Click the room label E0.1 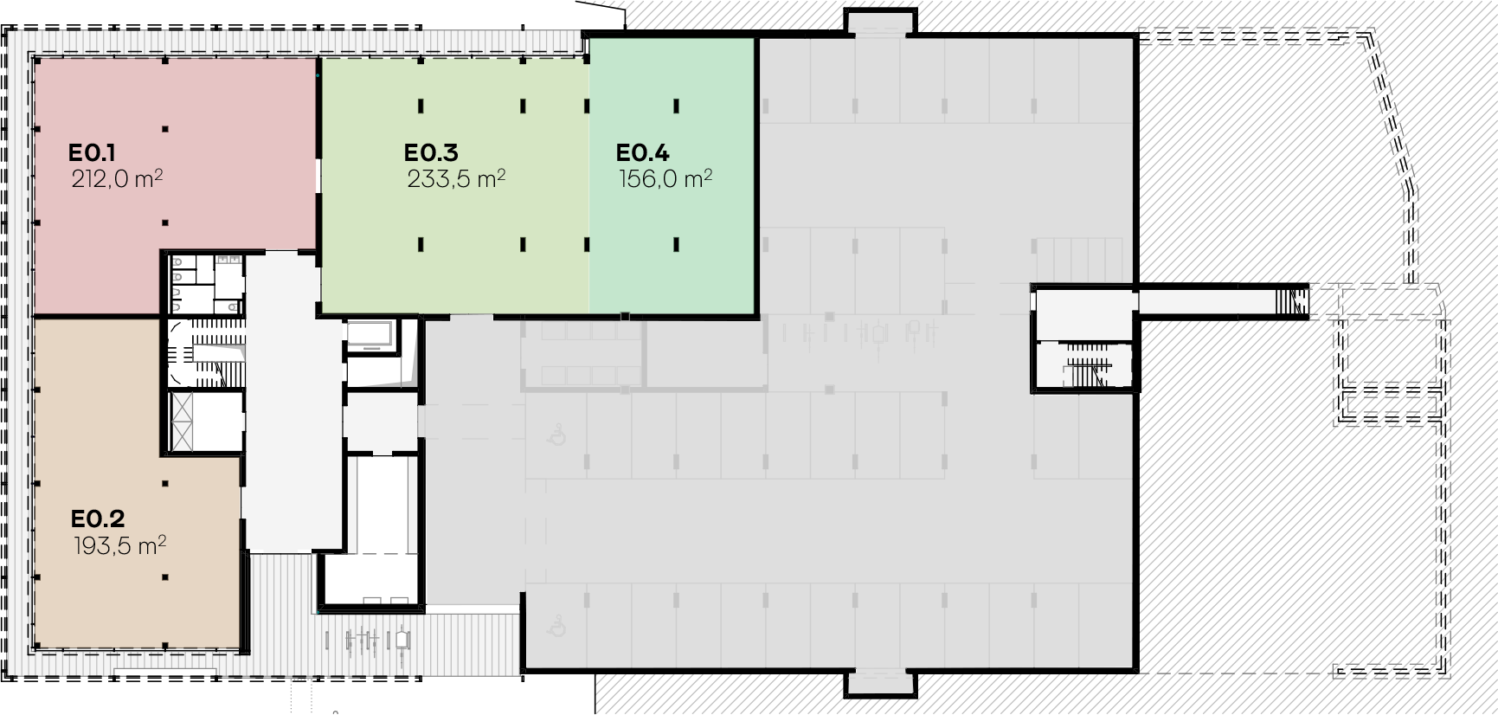tap(92, 153)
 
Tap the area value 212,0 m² tap(118, 179)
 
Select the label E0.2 tap(98, 519)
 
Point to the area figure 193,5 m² tap(120, 545)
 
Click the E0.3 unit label tap(431, 153)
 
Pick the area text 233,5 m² tap(456, 179)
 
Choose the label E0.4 tap(643, 153)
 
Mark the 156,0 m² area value tap(665, 179)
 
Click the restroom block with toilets tap(206, 284)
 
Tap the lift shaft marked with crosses tap(184, 422)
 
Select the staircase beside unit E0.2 tap(207, 354)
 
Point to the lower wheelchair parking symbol tap(556, 627)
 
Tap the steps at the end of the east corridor tap(1293, 300)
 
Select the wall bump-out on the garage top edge tap(879, 22)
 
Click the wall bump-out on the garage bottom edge tap(879, 683)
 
